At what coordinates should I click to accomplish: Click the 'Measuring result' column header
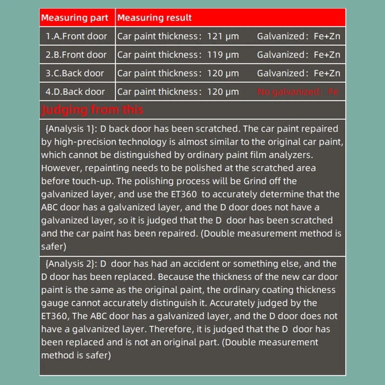(x=154, y=18)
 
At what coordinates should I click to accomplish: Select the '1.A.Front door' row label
(x=77, y=36)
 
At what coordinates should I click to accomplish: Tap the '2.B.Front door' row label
(x=77, y=55)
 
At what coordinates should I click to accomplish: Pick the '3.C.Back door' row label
(x=75, y=73)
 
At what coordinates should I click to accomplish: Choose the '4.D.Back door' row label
(x=75, y=91)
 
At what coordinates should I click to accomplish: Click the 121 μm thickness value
(x=222, y=36)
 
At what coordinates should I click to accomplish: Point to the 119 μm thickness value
(x=222, y=55)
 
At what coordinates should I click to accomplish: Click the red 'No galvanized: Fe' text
(x=298, y=91)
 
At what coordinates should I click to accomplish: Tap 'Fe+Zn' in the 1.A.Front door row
(x=327, y=36)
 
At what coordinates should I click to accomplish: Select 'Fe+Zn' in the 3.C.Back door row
(x=327, y=73)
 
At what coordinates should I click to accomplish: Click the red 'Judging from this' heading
(x=92, y=110)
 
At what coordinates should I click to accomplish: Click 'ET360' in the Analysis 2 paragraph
(x=54, y=316)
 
